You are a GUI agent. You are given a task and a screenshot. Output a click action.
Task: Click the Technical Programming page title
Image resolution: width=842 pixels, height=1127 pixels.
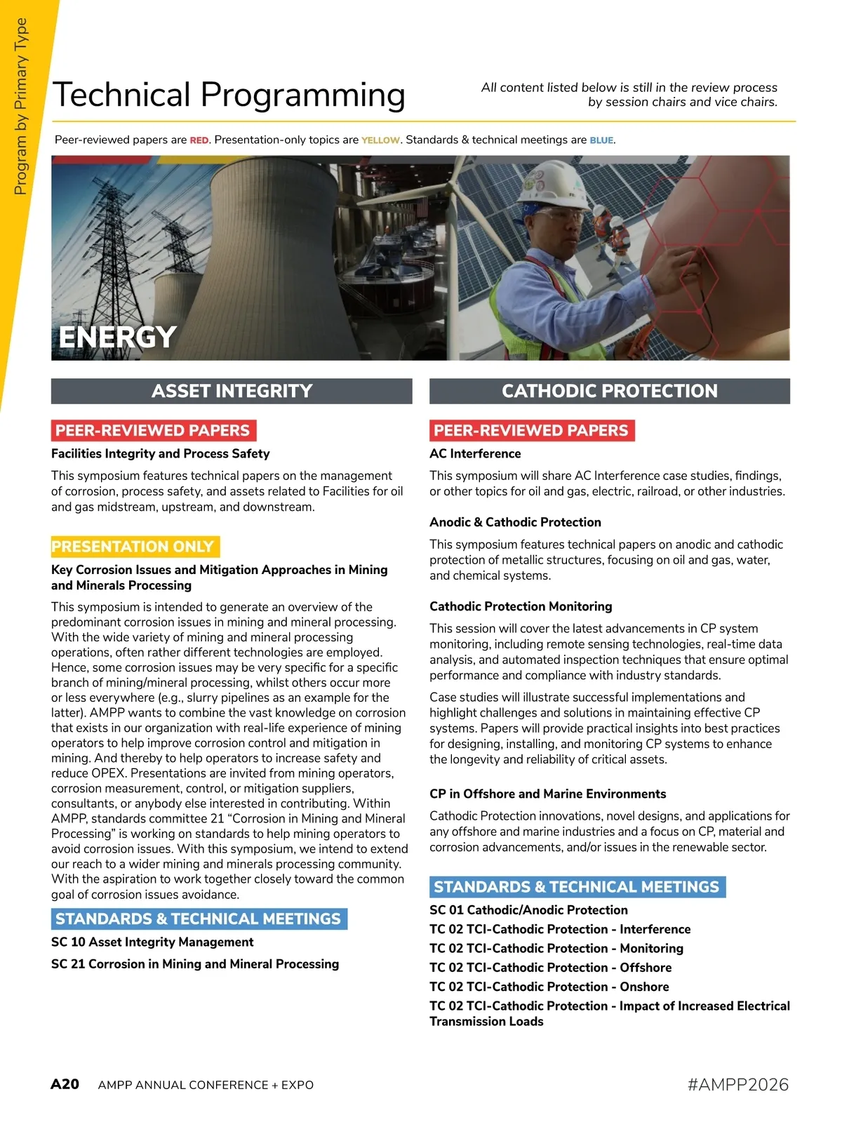pos(229,95)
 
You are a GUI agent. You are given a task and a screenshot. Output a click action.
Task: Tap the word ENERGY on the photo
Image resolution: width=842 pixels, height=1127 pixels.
pos(117,338)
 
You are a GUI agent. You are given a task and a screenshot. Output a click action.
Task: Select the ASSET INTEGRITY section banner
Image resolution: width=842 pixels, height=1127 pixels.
pos(232,391)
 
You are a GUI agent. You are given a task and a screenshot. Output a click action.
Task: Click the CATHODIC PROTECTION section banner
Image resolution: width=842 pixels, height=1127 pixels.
pos(609,391)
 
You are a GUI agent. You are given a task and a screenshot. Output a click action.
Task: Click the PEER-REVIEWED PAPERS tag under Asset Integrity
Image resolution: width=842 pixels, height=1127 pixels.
pos(153,430)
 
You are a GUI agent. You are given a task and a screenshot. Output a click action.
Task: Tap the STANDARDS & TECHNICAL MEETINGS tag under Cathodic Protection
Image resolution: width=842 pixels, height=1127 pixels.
pos(577,887)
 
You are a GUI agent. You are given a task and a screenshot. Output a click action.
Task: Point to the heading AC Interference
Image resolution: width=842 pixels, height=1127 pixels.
pos(475,454)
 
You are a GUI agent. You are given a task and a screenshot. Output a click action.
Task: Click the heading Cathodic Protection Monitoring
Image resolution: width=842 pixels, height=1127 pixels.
pos(521,606)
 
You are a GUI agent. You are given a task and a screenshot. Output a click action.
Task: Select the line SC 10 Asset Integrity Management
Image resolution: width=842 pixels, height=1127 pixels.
pos(152,942)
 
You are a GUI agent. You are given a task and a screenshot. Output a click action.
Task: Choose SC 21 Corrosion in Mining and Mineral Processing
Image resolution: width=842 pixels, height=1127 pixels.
pos(195,964)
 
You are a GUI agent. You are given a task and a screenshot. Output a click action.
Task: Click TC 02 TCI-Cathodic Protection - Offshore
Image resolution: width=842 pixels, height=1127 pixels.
pos(550,968)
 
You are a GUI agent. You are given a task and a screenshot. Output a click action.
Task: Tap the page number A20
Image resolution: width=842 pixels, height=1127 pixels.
pos(65,1084)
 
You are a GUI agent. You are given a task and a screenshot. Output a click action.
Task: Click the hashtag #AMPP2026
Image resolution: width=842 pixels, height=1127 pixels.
pos(738,1085)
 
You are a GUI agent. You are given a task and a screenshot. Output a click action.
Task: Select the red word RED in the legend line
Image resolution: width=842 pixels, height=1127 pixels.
pos(199,140)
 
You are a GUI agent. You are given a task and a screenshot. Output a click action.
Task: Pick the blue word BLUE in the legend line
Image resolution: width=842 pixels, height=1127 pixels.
pos(601,140)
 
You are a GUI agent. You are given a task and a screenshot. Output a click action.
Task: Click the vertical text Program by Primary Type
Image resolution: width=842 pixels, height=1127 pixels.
pos(20,105)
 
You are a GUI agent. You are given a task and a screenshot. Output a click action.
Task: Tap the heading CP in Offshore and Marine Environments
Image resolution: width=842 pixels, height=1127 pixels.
pos(547,794)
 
